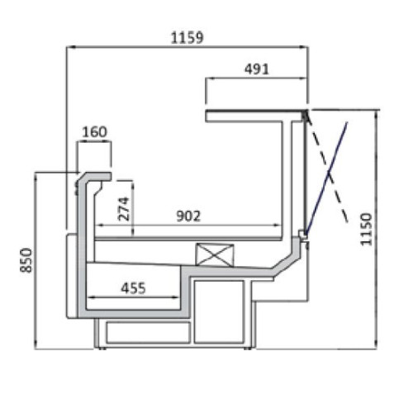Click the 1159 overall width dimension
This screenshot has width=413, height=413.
click(x=188, y=38)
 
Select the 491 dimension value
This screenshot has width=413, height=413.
click(x=257, y=69)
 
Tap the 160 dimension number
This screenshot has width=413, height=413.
click(x=94, y=132)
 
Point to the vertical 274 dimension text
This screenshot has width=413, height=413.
click(x=123, y=208)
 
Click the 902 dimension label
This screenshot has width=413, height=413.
click(x=188, y=216)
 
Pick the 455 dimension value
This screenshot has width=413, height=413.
click(x=133, y=288)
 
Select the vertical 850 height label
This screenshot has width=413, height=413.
click(x=26, y=260)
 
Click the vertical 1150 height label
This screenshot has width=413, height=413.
click(x=366, y=229)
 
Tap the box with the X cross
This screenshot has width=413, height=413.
click(x=215, y=255)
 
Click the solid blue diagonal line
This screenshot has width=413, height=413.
click(x=326, y=178)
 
